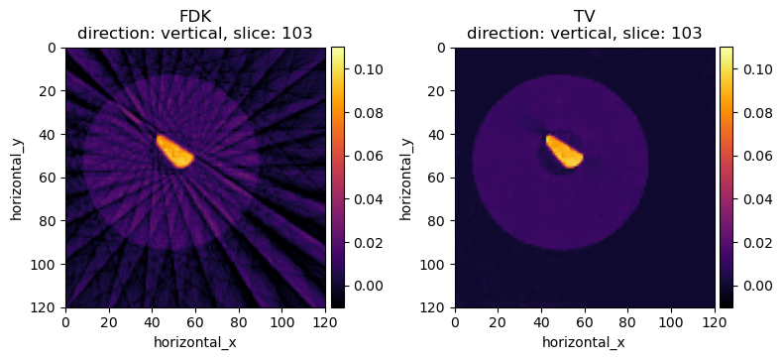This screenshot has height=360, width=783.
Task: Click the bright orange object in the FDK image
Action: (174, 151)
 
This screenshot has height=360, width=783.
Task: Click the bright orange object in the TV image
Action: (563, 151)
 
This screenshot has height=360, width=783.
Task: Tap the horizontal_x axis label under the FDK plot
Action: (195, 343)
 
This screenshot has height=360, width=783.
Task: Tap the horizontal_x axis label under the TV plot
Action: (584, 343)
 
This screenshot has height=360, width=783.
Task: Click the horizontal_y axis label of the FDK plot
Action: (16, 178)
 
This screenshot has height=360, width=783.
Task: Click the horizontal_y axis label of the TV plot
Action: (405, 178)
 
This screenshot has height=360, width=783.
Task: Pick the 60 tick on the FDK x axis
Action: (195, 322)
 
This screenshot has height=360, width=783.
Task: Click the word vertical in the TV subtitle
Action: (569, 33)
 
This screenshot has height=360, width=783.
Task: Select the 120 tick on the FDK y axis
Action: (48, 307)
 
